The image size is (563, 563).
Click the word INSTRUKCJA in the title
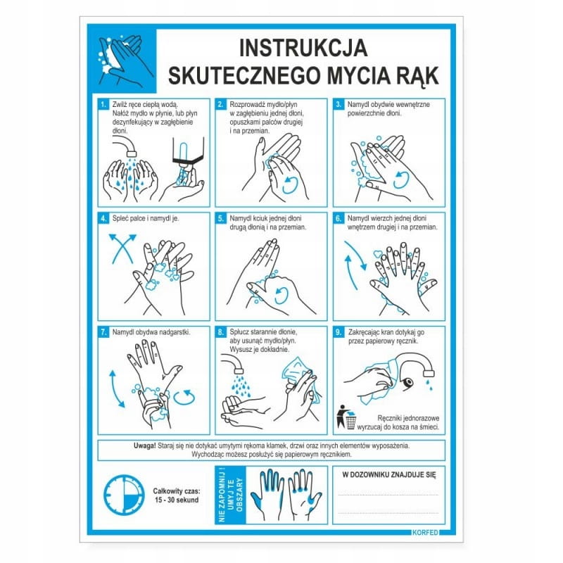pos(303,48)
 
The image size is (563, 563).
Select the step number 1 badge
pos(103,104)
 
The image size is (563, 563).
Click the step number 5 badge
pos(221,218)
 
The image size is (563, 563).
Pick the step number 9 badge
pos(339,332)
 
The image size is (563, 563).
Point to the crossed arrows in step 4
pos(122,248)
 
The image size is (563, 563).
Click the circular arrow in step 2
pos(290,184)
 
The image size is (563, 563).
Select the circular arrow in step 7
pos(184,398)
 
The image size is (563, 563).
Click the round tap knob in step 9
pos(407,384)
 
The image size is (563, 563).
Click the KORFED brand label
pos(426,532)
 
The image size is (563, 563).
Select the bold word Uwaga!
pos(144,446)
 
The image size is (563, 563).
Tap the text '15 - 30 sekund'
pos(177,500)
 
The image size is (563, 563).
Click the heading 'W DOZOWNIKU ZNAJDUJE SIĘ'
pos(389,475)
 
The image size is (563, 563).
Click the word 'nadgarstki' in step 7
pos(175,332)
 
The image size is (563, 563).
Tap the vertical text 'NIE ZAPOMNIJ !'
pos(221,495)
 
